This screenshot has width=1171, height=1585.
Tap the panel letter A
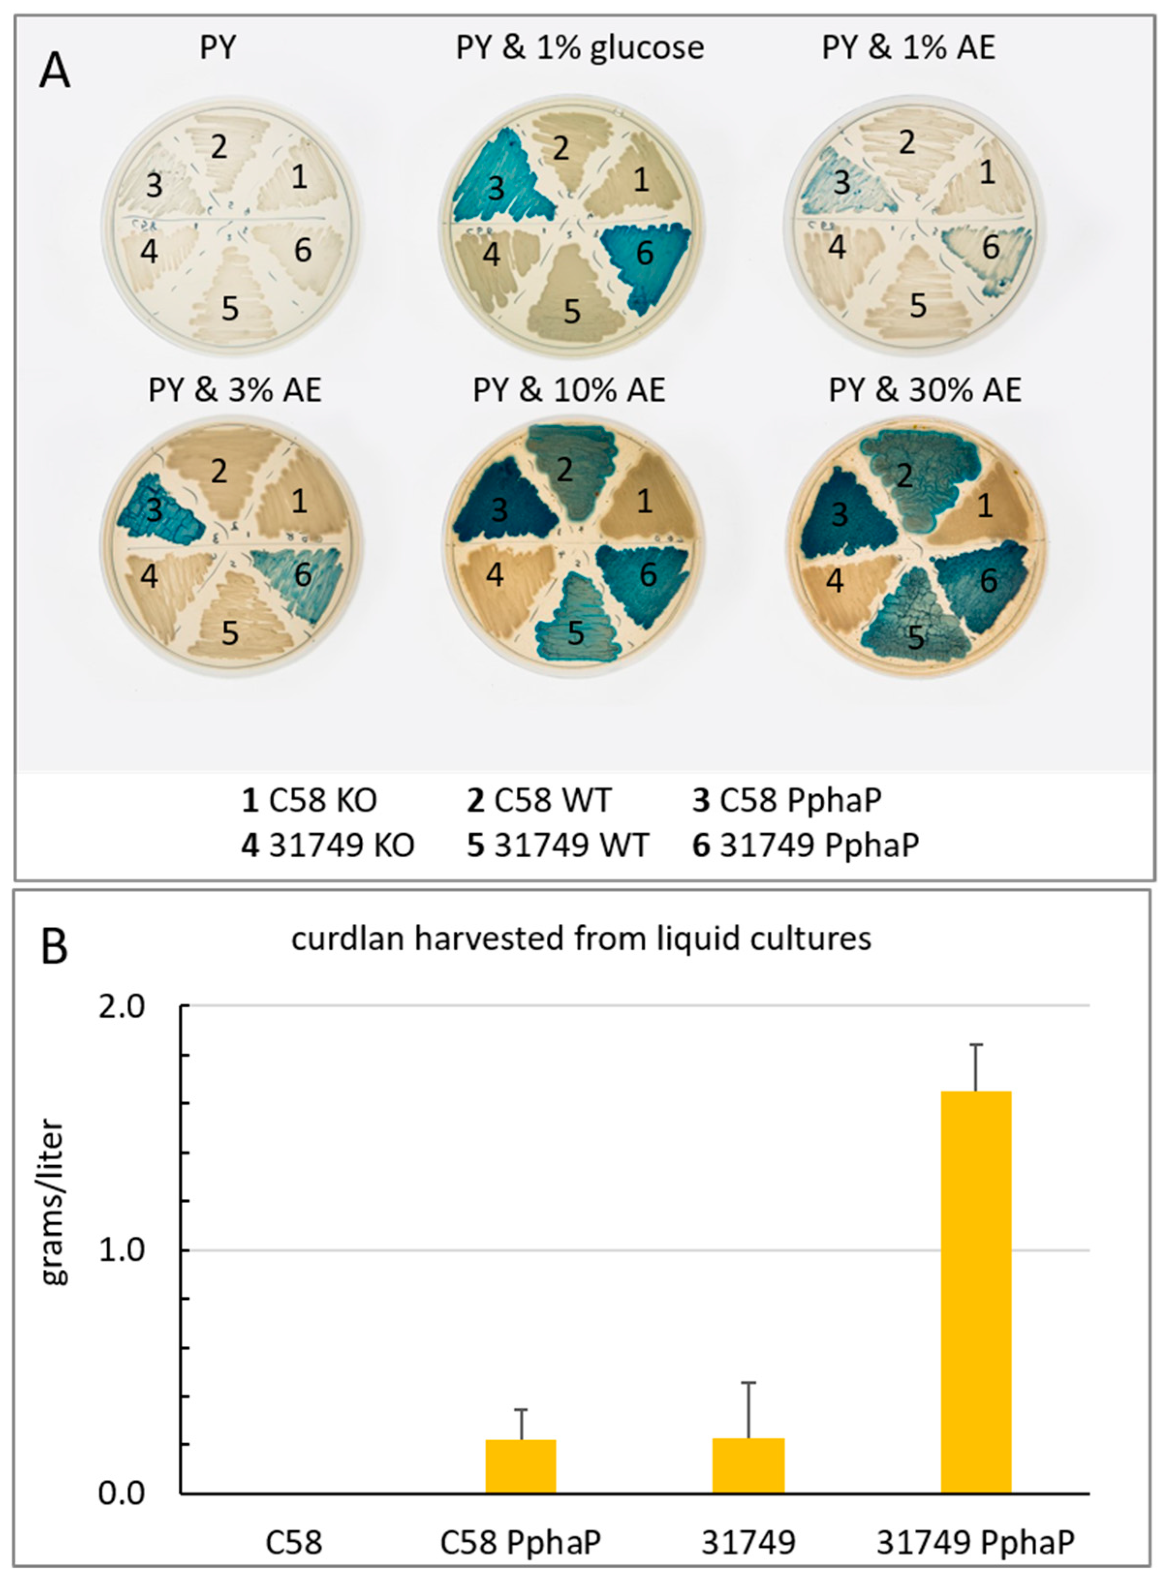[x=55, y=72]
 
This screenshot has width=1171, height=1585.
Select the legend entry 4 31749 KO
[x=327, y=846]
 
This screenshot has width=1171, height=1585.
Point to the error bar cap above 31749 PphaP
[x=976, y=1044]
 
